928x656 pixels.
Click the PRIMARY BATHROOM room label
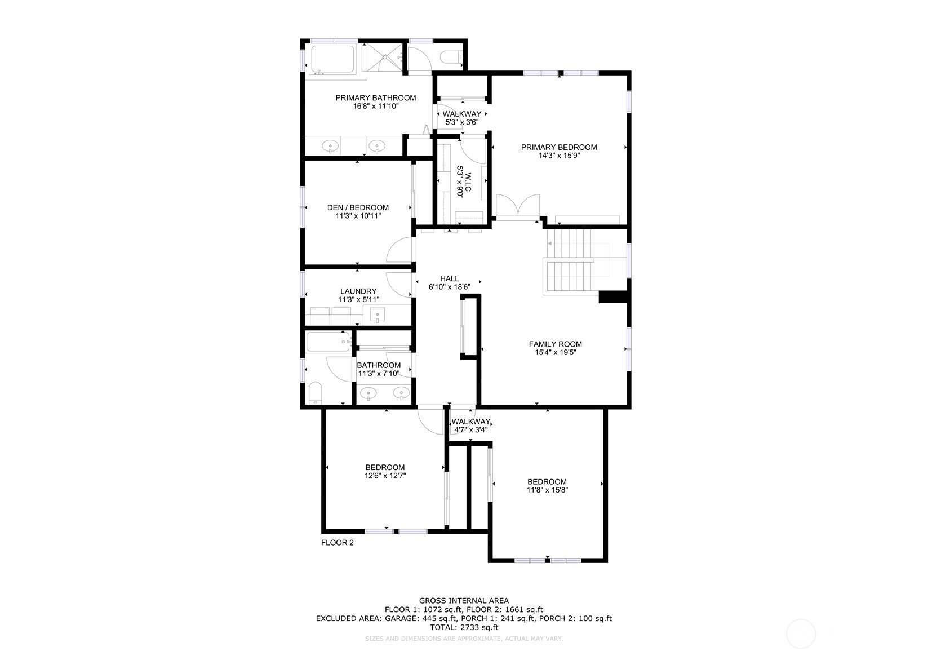point(375,98)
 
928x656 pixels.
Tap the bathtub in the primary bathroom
point(332,60)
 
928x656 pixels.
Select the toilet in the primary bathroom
point(451,57)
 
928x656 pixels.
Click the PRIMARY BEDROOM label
point(559,147)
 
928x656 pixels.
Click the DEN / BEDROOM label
point(358,207)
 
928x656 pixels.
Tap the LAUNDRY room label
point(358,291)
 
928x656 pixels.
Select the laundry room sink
point(378,315)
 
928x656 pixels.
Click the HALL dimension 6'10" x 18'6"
point(450,286)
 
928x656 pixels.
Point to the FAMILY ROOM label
point(555,344)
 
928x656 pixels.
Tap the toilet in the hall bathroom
point(316,392)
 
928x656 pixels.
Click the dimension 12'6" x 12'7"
point(385,476)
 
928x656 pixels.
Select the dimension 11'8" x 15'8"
point(547,490)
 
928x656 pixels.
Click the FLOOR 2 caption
point(338,543)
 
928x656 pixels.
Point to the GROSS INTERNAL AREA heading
point(464,600)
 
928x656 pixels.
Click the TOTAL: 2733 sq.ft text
point(464,627)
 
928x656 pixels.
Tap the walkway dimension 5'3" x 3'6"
point(462,122)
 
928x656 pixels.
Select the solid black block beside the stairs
point(612,296)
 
